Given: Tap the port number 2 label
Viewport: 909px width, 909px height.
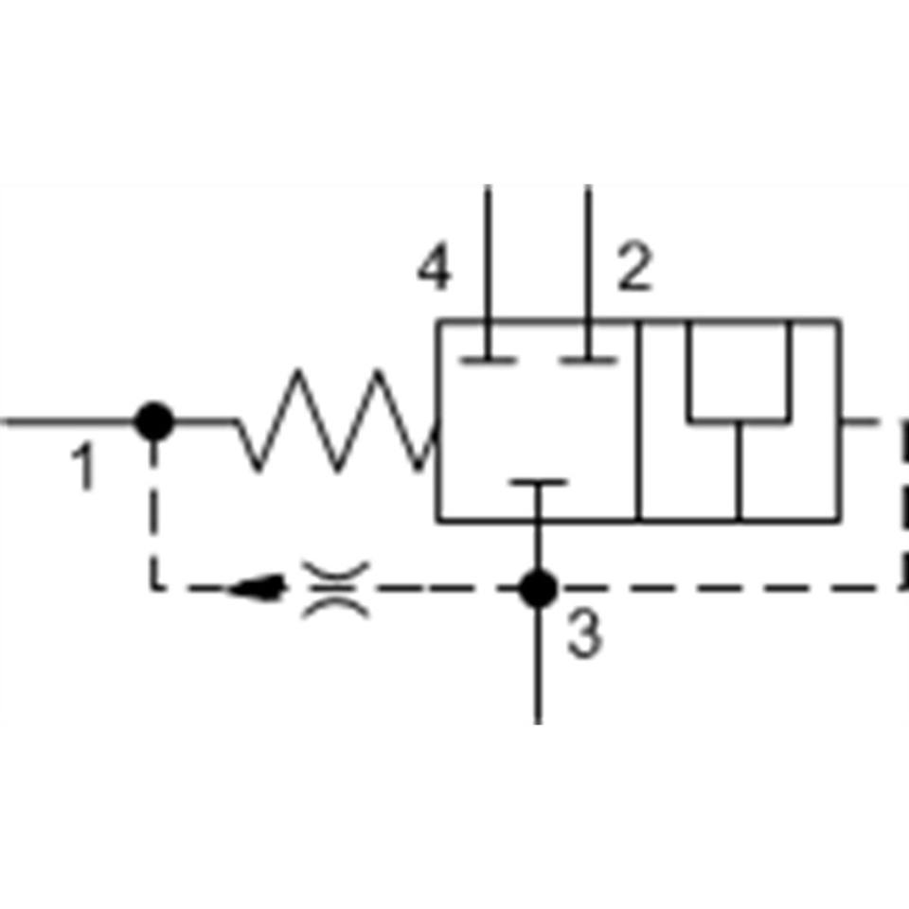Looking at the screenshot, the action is (x=634, y=265).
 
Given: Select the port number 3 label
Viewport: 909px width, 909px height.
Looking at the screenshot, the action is (x=585, y=633).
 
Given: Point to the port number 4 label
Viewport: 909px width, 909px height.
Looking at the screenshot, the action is (x=435, y=266).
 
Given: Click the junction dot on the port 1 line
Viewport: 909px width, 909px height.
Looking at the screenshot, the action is (x=153, y=421).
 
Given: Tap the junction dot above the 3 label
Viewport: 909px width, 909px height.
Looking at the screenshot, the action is (x=538, y=588).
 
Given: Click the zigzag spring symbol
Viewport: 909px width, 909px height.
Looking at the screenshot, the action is (x=336, y=420).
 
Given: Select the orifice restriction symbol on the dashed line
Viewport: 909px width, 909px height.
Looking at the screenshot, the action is (x=335, y=589).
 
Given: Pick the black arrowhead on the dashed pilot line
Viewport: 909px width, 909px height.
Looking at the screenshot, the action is (x=257, y=588).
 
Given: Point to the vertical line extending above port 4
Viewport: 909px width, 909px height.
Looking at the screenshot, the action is (x=488, y=252).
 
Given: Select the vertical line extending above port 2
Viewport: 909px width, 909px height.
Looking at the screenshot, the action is (x=588, y=252).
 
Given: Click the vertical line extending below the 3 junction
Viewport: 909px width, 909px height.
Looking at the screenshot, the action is (x=538, y=667).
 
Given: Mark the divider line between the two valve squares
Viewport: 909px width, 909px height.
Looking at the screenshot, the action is (x=637, y=420).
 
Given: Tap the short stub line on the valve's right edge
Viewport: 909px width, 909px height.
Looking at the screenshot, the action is (x=861, y=421).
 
